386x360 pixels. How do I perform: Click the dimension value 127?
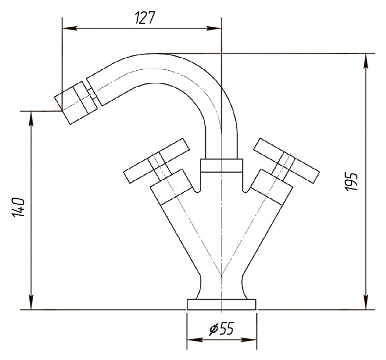click(145, 18)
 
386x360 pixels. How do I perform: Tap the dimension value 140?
click(19, 207)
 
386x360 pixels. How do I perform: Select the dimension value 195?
click(351, 181)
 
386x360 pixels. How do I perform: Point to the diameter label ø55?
click(221, 329)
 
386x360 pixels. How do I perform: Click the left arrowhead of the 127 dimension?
click(70, 28)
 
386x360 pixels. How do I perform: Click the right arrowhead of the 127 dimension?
click(213, 28)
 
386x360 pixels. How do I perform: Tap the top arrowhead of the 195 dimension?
click(366, 61)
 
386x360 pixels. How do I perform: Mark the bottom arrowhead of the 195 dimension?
click(366, 302)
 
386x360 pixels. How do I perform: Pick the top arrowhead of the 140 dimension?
click(31, 119)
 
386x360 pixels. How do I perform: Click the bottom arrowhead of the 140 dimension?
click(31, 302)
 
